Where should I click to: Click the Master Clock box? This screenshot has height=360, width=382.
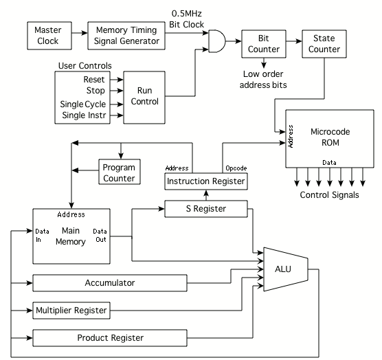(x=49, y=36)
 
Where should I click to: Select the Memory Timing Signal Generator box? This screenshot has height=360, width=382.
(x=126, y=36)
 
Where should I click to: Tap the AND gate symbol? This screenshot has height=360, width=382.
(x=217, y=41)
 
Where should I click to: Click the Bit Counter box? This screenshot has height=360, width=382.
(x=264, y=44)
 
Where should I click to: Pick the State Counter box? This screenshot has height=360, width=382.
(x=324, y=44)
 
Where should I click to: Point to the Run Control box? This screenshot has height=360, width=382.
(x=144, y=98)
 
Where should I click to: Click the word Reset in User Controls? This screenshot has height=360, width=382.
(x=94, y=80)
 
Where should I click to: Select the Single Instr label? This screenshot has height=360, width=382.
(x=84, y=115)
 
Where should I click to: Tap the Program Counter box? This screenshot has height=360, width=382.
(x=120, y=172)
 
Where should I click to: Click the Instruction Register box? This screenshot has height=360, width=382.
(x=206, y=181)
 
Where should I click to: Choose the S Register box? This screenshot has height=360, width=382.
(x=206, y=209)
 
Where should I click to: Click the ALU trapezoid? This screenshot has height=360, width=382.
(x=286, y=269)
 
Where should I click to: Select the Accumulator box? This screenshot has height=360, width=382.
(x=110, y=283)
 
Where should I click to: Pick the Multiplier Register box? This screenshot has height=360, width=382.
(x=71, y=311)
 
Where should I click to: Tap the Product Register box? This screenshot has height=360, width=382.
(x=110, y=338)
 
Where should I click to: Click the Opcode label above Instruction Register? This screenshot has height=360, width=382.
(x=236, y=168)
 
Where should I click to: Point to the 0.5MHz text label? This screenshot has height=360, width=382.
(x=187, y=14)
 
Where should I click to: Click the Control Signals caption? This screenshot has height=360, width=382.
(x=329, y=195)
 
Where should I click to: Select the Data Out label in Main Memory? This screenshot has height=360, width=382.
(x=100, y=235)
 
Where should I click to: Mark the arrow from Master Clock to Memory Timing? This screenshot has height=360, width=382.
(x=80, y=33)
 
